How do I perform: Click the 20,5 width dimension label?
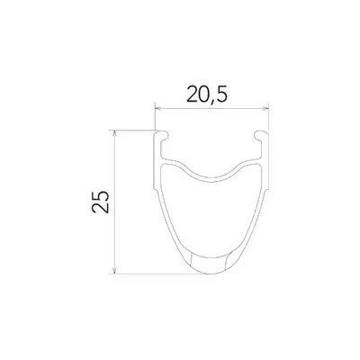click(x=207, y=94)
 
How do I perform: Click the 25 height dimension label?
click(x=101, y=202)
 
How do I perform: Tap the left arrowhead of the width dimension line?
click(x=157, y=108)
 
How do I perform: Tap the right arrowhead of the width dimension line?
click(x=265, y=108)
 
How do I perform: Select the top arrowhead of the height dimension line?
click(x=114, y=133)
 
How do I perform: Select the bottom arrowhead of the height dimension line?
click(x=114, y=271)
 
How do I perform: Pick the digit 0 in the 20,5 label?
click(x=203, y=94)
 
